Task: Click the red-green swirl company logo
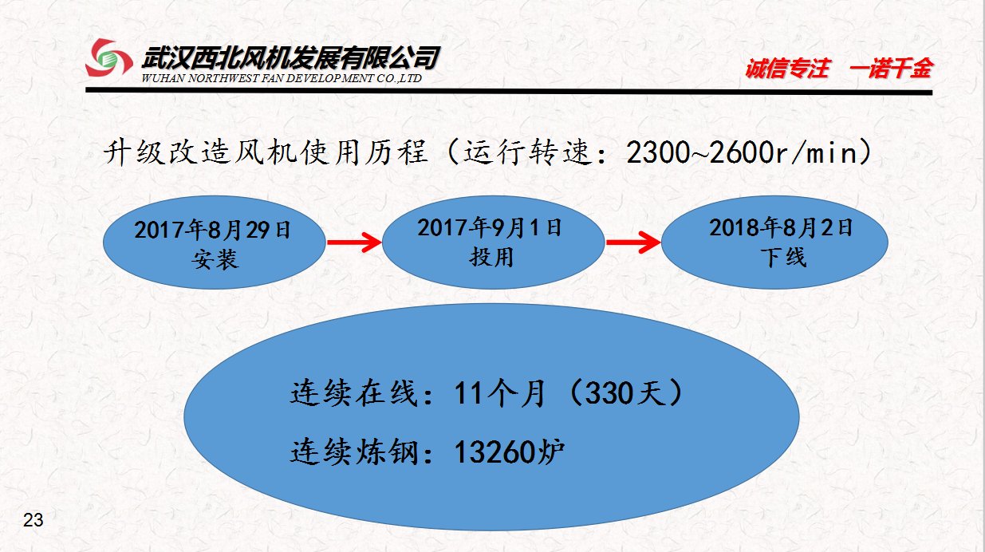(108, 57)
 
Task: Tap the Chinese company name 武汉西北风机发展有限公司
(290, 58)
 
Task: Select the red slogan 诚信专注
(787, 69)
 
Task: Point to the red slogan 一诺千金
(892, 69)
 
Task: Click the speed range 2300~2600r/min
(743, 152)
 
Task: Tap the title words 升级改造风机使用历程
(265, 152)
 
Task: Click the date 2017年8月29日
(212, 230)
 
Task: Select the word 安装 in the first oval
(215, 259)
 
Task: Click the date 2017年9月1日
(490, 228)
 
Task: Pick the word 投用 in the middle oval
(491, 257)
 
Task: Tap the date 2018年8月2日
(781, 228)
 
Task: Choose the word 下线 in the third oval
(783, 258)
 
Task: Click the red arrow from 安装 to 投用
(354, 242)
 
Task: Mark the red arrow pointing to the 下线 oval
(633, 242)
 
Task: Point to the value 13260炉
(509, 451)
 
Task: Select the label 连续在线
(354, 392)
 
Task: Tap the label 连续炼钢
(354, 451)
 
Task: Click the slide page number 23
(33, 520)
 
